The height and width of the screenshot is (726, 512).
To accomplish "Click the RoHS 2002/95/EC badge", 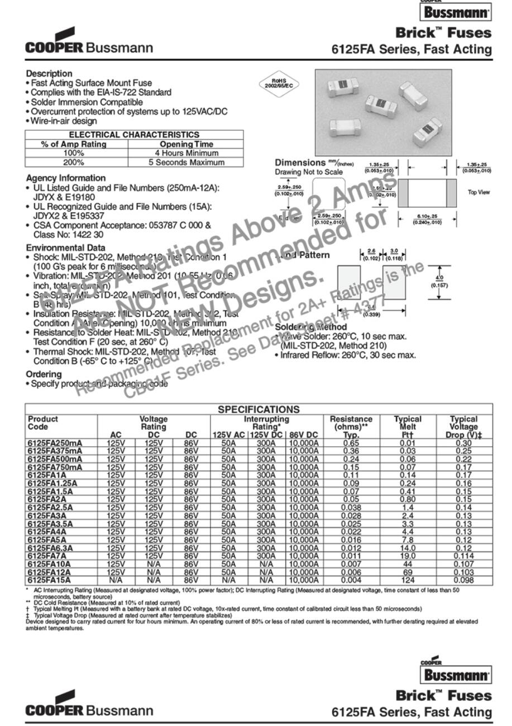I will click(277, 84).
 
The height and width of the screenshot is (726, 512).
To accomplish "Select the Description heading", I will click(49, 73).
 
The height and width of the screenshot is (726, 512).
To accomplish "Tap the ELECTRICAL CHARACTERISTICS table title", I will click(134, 135).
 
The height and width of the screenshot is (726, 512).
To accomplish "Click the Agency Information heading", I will click(66, 178).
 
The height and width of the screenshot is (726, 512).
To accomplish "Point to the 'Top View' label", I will click(478, 192).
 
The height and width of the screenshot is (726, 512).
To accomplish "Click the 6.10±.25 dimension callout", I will click(427, 220).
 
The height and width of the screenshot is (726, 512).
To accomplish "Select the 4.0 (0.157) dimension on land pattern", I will click(438, 281).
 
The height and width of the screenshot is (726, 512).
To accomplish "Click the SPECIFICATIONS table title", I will click(259, 410).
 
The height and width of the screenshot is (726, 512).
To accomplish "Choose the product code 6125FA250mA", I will click(55, 443).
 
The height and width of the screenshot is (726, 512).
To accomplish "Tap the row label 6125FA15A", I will click(49, 581).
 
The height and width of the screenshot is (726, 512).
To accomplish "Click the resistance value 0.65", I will click(351, 443).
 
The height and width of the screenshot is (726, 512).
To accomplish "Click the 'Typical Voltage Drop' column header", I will click(463, 427).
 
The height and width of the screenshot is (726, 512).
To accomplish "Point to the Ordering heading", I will click(44, 374).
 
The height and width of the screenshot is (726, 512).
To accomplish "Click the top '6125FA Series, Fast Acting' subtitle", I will click(411, 50).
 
